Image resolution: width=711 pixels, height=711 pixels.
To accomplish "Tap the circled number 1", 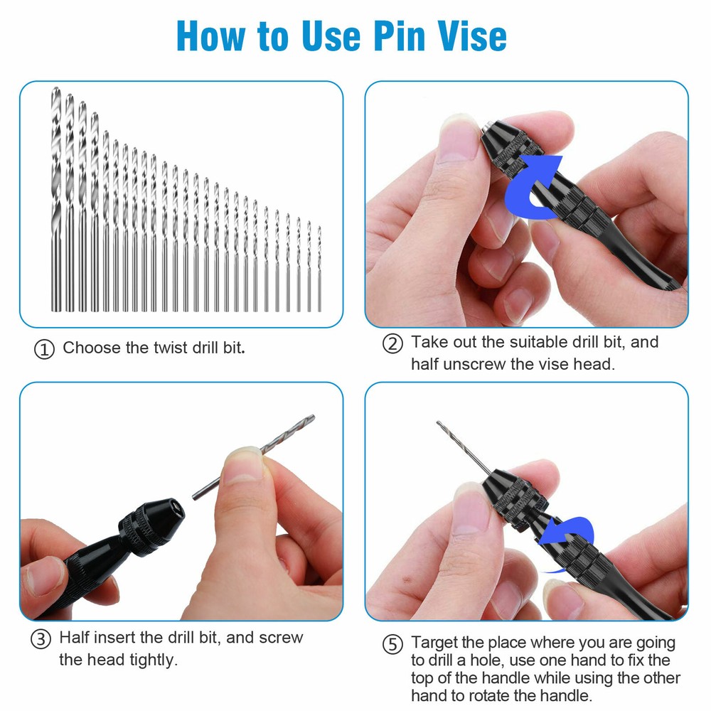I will click(x=44, y=350).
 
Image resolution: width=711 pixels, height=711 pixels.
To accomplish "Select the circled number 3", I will click(x=41, y=638).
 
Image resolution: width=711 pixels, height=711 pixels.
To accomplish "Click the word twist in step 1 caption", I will click(x=171, y=348).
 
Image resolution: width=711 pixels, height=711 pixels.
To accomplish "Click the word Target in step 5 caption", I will click(x=436, y=642).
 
